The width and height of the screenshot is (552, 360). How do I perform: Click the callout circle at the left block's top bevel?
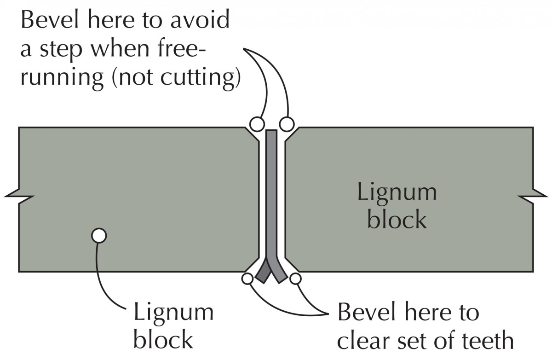click(x=256, y=123)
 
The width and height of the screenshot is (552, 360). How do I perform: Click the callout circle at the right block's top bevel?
click(x=286, y=123)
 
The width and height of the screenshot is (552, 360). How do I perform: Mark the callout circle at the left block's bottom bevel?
click(x=247, y=279)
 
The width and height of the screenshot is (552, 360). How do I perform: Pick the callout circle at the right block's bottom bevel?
click(x=295, y=279)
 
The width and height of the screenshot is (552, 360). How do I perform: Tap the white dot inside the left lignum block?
click(x=98, y=236)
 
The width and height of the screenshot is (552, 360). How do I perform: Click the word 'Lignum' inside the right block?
click(x=397, y=192)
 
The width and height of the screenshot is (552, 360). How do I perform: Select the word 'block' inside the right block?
click(x=397, y=220)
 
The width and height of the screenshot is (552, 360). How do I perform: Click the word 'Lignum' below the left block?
click(x=173, y=313)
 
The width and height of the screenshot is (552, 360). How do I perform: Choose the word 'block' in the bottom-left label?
click(x=163, y=340)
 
